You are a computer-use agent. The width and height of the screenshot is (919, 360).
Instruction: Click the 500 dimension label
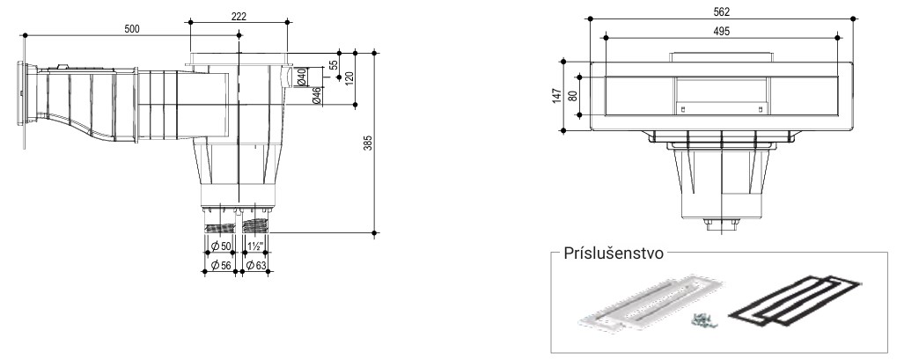point(131,29)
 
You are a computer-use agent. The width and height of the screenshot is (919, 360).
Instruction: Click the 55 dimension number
point(333,65)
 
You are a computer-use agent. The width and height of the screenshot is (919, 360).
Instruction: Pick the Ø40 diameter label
point(301,77)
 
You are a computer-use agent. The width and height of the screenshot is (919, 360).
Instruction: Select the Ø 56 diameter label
point(220,265)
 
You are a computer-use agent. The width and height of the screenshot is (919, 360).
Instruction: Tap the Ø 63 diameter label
point(256,265)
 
